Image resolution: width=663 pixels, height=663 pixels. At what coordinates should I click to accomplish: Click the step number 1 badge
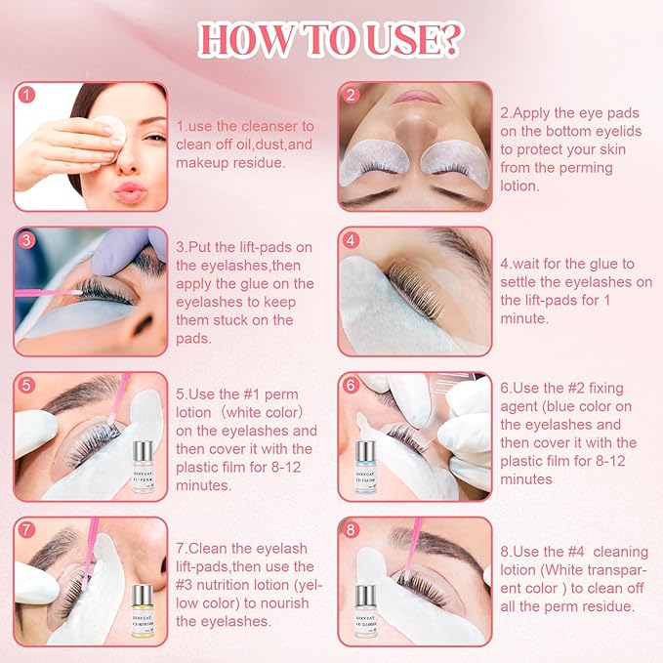pos(27,96)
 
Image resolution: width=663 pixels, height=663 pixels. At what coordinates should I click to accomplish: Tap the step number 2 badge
pos(352,96)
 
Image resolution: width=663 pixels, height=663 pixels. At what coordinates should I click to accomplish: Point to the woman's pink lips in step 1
pos(131,187)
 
